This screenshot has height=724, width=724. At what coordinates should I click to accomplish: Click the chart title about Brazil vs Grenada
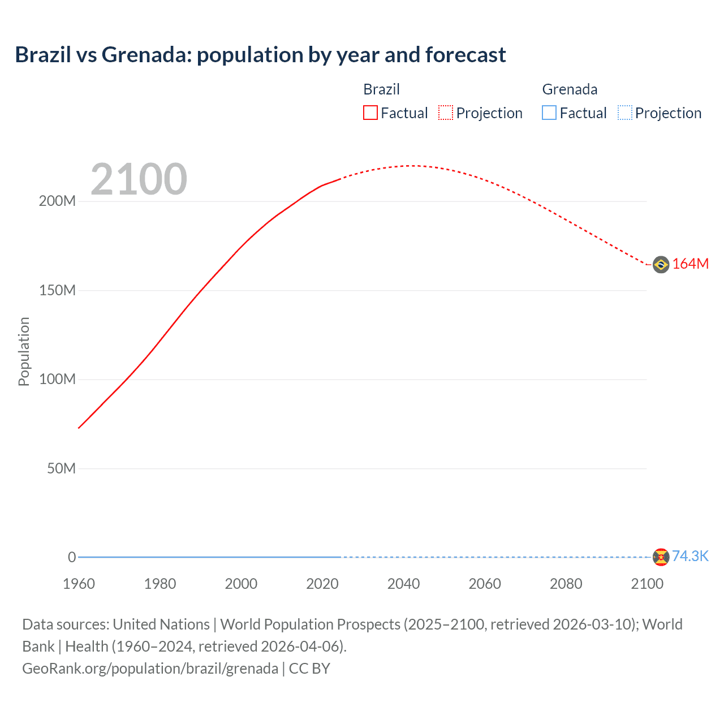[x=260, y=55]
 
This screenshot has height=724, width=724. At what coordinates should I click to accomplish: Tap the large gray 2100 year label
[x=139, y=179]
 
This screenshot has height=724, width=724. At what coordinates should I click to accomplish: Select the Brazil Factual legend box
[x=370, y=113]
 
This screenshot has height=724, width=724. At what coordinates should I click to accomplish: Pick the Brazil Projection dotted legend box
[x=446, y=113]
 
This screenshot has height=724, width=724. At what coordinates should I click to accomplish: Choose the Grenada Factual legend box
[x=549, y=113]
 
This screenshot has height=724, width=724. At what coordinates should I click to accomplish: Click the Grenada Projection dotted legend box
[x=624, y=113]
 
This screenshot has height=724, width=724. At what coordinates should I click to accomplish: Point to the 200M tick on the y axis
[x=57, y=201]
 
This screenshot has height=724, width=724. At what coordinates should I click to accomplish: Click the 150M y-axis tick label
[x=57, y=291]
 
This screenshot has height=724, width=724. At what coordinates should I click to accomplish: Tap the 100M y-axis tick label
[x=57, y=380]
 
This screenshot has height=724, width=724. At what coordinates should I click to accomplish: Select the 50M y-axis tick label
[x=61, y=468]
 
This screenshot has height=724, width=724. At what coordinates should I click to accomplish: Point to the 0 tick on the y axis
[x=72, y=557]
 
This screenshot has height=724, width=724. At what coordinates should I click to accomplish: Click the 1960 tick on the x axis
[x=79, y=584]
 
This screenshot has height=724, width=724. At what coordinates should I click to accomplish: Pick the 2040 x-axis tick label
[x=403, y=584]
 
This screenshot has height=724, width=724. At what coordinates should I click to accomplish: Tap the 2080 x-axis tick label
[x=566, y=584]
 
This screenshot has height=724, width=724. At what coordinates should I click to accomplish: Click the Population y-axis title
[x=24, y=351]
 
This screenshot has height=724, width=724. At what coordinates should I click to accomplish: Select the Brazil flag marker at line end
[x=661, y=264]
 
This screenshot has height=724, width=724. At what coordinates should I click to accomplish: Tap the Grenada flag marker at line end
[x=661, y=557]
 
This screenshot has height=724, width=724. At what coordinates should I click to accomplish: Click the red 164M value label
[x=690, y=264]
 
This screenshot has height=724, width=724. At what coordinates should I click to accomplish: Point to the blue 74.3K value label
[x=690, y=557]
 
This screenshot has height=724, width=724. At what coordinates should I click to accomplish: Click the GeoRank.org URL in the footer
[x=150, y=669]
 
